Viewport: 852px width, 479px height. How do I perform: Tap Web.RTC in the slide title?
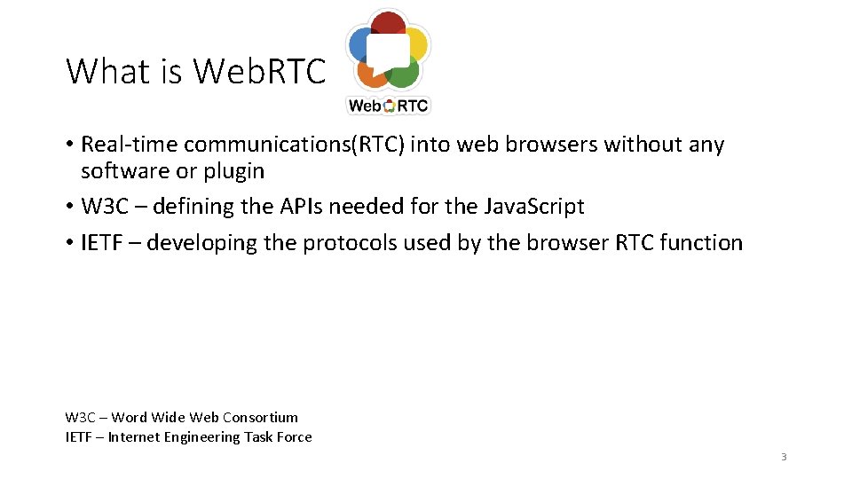(260, 72)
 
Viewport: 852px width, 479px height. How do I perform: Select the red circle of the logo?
(389, 25)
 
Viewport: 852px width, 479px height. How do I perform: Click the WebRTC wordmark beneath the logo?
(388, 106)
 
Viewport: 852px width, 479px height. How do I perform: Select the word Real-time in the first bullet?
(130, 145)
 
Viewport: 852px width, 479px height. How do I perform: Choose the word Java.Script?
(534, 207)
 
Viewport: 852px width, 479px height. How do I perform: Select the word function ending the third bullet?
(702, 243)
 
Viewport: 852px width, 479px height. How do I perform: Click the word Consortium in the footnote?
(261, 417)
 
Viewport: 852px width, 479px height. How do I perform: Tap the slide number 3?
(784, 457)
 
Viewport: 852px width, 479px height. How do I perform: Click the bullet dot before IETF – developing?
(69, 243)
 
